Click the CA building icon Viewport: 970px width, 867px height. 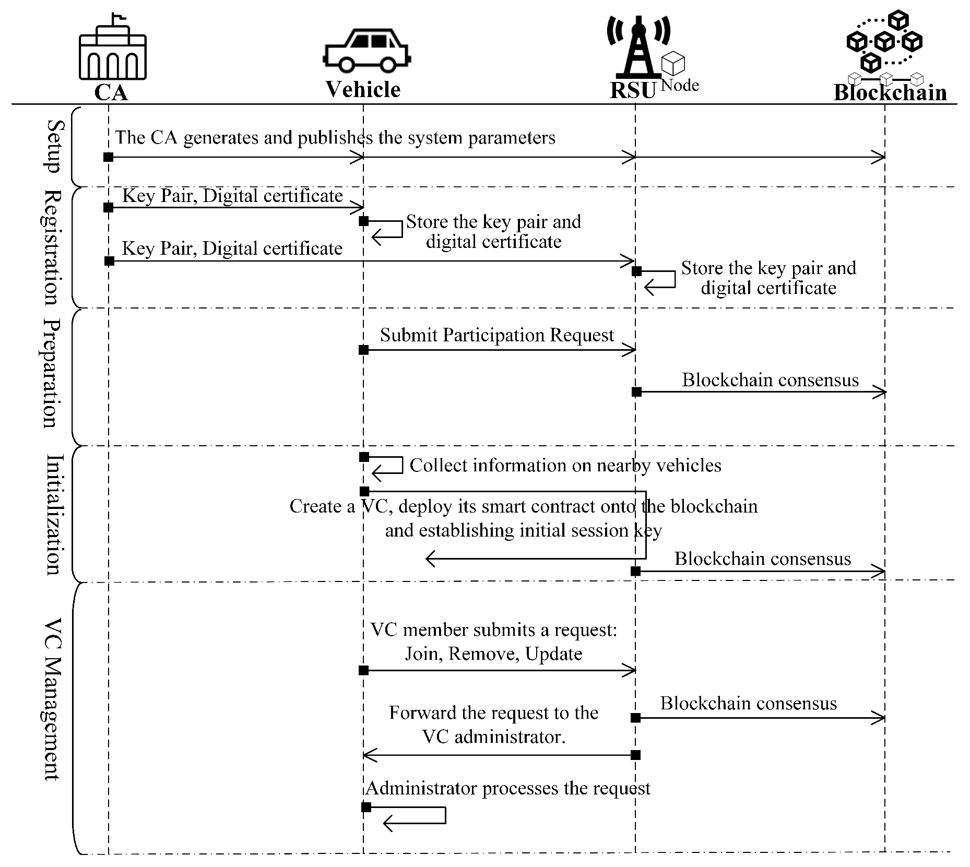(112, 48)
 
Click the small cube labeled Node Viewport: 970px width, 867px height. (673, 64)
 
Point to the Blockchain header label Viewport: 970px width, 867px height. (890, 92)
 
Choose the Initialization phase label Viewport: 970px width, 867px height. (54, 514)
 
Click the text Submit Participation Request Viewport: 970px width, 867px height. (496, 335)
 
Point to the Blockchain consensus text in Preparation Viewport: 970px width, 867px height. (770, 380)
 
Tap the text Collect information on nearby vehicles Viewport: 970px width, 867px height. (565, 465)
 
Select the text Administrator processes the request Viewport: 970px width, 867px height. (507, 788)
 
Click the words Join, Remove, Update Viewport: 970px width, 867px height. (493, 654)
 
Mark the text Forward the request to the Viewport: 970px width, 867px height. (493, 713)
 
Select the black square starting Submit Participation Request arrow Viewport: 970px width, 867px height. (364, 350)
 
